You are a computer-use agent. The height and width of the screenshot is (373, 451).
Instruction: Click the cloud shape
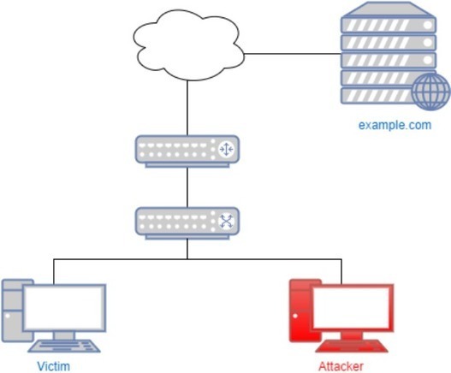pyautogui.click(x=188, y=44)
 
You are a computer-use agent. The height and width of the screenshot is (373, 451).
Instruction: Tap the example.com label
pyautogui.click(x=395, y=126)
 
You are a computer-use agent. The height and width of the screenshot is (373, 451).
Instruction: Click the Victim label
pyautogui.click(x=54, y=366)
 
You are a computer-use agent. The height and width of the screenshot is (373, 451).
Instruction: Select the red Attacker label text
pyautogui.click(x=341, y=366)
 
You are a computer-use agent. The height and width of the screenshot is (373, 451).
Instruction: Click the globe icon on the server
pyautogui.click(x=430, y=92)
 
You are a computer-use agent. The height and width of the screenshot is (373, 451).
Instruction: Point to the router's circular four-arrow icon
pyautogui.click(x=226, y=149)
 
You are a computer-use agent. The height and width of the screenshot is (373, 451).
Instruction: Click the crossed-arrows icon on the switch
pyautogui.click(x=227, y=222)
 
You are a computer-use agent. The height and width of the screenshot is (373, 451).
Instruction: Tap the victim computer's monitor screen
pyautogui.click(x=64, y=307)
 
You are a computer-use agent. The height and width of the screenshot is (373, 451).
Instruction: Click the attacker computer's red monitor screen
pyautogui.click(x=351, y=307)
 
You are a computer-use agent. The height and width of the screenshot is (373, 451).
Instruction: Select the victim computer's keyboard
pyautogui.click(x=64, y=346)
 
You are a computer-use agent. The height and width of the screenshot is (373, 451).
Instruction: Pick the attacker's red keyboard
pyautogui.click(x=352, y=346)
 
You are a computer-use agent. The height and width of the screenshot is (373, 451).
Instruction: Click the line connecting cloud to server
pyautogui.click(x=293, y=54)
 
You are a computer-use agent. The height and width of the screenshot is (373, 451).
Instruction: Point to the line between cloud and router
pyautogui.click(x=187, y=108)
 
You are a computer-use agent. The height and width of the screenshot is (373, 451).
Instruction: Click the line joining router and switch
pyautogui.click(x=187, y=187)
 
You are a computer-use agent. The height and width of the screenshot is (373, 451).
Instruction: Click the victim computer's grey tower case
pyautogui.click(x=13, y=311)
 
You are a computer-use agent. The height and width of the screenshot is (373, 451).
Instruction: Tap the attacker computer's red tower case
pyautogui.click(x=300, y=311)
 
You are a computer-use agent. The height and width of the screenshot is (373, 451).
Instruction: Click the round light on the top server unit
pyautogui.click(x=428, y=25)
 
